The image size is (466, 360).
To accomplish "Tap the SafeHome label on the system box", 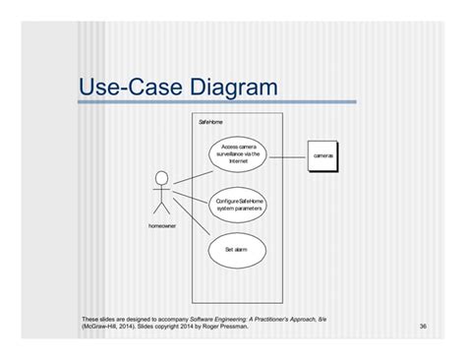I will click(x=211, y=123).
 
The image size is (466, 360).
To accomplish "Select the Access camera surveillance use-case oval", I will click(x=239, y=153).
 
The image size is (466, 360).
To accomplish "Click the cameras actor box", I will click(x=323, y=156).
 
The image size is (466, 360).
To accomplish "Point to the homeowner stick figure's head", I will click(x=161, y=178).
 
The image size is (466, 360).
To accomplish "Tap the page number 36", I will click(x=423, y=326).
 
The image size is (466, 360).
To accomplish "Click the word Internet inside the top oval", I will click(x=238, y=160).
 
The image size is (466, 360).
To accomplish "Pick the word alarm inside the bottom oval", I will click(x=244, y=250).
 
